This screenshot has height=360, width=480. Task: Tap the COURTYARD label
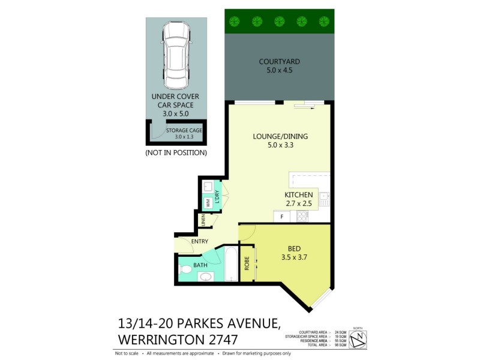tap(279, 62)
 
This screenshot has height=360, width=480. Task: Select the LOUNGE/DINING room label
tap(280, 136)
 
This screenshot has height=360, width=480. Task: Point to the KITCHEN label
tap(298, 195)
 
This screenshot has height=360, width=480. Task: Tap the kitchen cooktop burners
tap(302, 215)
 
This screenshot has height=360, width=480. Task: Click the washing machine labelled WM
tap(208, 203)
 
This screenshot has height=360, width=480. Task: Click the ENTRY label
tap(199, 242)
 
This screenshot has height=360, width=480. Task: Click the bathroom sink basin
tap(205, 277)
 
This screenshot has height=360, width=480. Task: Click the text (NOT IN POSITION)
tap(176, 153)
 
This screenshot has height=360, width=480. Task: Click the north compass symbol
tap(358, 340)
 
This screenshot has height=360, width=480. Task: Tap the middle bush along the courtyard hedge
tap(279, 21)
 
